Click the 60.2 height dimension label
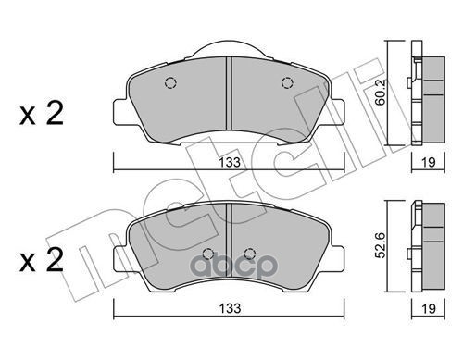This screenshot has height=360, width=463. point(381,93)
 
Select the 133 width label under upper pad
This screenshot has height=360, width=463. point(230,162)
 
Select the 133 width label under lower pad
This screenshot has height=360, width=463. point(230,308)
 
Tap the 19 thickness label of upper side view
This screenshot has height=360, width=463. point(429,162)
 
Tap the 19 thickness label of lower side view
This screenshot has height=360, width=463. point(429,308)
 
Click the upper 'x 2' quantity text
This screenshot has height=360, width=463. point(42,113)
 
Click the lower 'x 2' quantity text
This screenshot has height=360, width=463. point(42,260)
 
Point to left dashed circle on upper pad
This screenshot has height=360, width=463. point(170,82)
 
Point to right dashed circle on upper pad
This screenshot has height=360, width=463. point(287,82)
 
